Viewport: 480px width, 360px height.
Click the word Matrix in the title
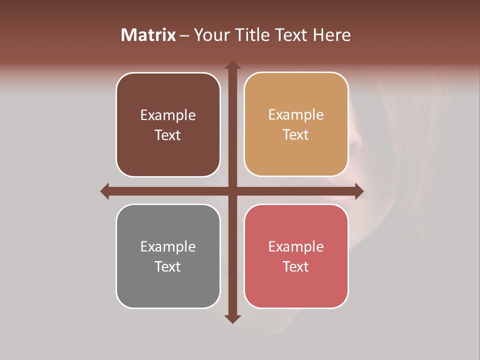click(x=148, y=35)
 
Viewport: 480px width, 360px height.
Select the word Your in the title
click(x=211, y=35)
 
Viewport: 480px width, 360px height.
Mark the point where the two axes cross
click(x=232, y=191)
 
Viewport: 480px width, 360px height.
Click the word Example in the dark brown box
click(x=168, y=115)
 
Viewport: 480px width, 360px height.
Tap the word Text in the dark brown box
click(x=168, y=135)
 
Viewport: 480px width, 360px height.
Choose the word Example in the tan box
click(x=296, y=114)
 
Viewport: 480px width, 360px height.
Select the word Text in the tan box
click(x=296, y=134)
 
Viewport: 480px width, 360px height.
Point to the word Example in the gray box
click(x=168, y=246)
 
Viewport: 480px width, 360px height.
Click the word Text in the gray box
click(x=168, y=266)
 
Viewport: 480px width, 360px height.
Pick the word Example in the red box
click(x=296, y=246)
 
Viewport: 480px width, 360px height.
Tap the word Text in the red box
click(x=296, y=266)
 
